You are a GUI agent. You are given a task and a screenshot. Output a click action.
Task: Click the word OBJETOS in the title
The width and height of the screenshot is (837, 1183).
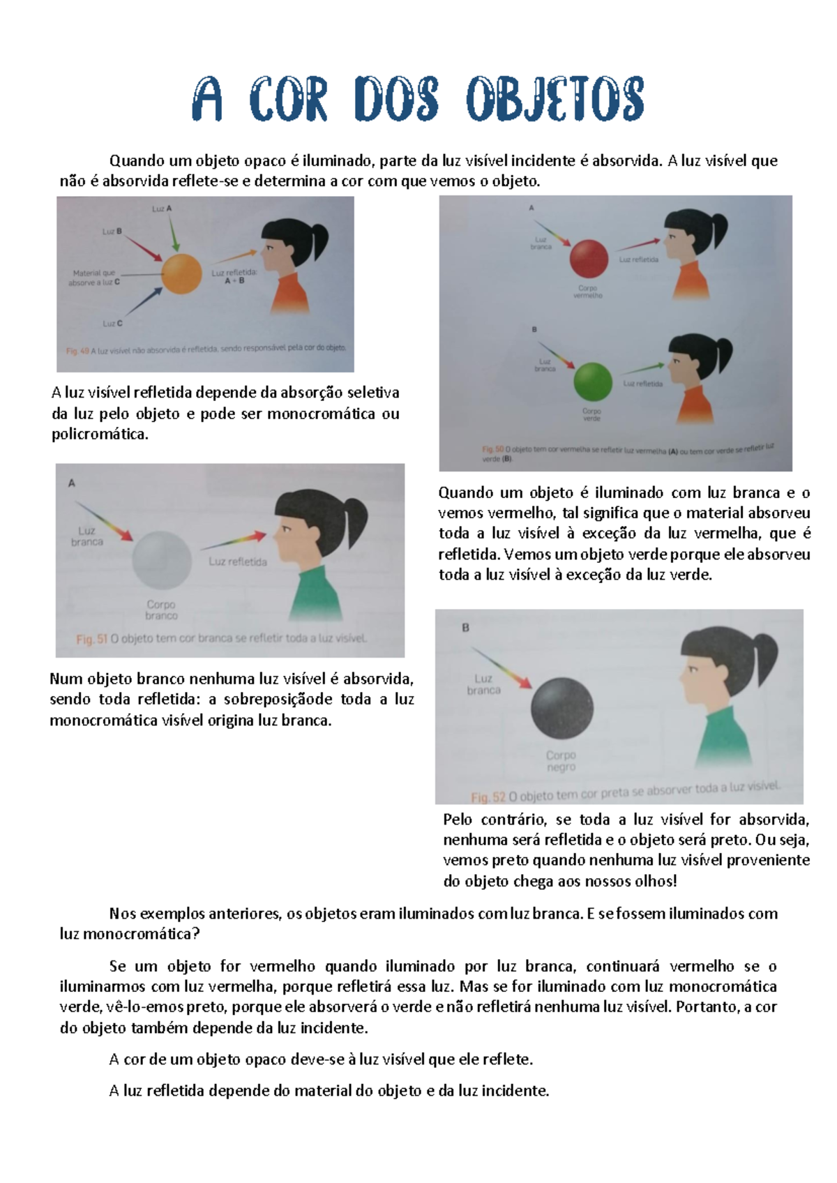click(x=555, y=100)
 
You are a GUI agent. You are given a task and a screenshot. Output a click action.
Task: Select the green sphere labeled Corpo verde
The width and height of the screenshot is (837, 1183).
click(x=592, y=382)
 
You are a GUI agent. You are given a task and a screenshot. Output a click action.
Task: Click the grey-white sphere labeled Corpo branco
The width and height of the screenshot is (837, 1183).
click(x=162, y=561)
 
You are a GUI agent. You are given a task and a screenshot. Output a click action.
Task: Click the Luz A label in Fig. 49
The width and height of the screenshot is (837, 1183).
click(x=162, y=209)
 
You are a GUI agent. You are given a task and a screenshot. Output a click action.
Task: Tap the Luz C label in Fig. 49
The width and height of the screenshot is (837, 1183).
click(x=112, y=324)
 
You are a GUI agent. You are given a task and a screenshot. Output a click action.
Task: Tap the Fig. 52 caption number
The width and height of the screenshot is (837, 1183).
click(x=488, y=797)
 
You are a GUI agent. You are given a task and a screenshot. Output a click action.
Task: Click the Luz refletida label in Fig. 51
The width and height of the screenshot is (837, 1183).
click(x=237, y=562)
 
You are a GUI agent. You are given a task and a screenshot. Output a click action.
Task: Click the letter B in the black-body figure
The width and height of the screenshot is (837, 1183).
click(x=465, y=628)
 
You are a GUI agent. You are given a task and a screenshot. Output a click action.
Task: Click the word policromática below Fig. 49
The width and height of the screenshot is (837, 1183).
click(x=100, y=435)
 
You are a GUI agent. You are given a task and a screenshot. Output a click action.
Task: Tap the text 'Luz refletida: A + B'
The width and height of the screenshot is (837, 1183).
click(x=234, y=277)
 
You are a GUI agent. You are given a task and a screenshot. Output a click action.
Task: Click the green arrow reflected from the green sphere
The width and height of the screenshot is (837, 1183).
click(x=642, y=368)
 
